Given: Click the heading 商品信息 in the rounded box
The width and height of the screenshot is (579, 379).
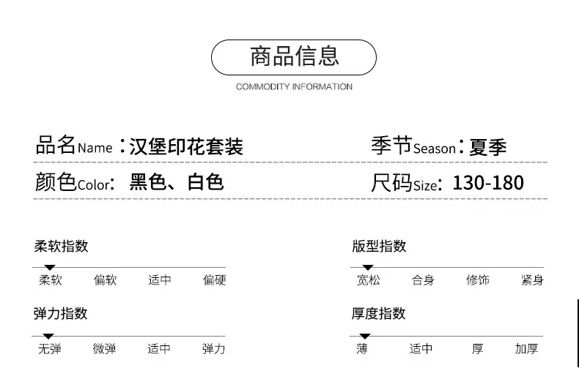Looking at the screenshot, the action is click(295, 56).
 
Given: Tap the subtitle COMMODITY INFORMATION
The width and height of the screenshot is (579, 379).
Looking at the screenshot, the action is click(294, 86).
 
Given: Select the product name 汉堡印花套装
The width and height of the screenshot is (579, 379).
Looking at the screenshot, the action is click(186, 147).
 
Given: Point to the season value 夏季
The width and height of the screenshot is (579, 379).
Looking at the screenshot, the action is click(488, 147).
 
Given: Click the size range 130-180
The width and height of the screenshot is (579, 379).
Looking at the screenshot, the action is click(488, 183).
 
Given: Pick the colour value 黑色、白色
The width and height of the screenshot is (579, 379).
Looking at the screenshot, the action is click(177, 182).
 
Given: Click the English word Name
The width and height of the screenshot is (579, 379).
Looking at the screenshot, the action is click(95, 149).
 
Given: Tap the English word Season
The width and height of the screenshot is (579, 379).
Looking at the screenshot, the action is click(434, 149).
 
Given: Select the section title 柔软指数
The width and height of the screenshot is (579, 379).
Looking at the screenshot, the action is click(62, 247).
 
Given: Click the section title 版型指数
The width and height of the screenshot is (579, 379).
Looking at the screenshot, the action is click(379, 247).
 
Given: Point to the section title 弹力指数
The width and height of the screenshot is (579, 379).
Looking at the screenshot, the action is click(61, 314).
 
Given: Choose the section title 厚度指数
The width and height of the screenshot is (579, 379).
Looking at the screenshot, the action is click(378, 314).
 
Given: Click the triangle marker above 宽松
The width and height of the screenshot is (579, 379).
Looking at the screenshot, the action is click(368, 267).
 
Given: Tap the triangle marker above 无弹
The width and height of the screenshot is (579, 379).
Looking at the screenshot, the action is click(48, 337).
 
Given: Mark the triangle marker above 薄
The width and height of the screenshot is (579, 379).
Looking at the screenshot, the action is click(365, 337).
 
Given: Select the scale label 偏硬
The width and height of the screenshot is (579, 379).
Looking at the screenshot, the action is click(214, 280).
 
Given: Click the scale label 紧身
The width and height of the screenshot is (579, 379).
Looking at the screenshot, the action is click(532, 280).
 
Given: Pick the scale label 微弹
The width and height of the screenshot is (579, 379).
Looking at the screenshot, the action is click(104, 349).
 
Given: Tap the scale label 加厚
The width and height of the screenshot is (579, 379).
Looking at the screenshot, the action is click(526, 349).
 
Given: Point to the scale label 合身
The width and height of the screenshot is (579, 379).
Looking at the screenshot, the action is click(423, 280).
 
